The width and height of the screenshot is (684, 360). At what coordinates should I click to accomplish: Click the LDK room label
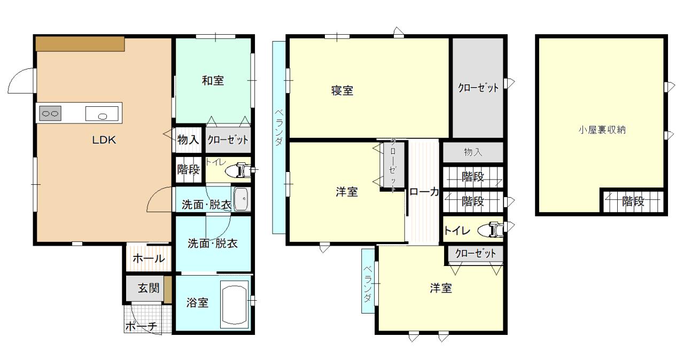point(104,140)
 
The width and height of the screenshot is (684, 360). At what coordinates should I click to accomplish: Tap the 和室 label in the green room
point(213,81)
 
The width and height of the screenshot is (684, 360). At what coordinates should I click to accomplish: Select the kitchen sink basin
point(102,113)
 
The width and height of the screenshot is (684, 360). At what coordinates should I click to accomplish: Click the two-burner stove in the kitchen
point(50,113)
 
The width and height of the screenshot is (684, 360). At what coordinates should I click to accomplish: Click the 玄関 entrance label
point(149,288)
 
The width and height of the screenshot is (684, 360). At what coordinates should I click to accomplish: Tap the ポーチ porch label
point(141,326)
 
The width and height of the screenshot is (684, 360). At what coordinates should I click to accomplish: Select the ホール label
point(149,259)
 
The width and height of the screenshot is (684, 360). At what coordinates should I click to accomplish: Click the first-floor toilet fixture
point(239,170)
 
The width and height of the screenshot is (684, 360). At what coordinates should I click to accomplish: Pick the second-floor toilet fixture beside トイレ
point(491,230)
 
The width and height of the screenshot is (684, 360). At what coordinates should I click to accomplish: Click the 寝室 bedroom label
point(343,91)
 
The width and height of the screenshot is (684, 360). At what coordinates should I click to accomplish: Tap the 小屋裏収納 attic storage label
point(602,130)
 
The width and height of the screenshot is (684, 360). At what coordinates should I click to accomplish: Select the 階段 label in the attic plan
point(633,201)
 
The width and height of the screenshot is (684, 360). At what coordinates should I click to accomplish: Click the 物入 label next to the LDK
point(188,140)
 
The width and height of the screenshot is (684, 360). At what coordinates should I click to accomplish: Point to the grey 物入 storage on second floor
point(473,152)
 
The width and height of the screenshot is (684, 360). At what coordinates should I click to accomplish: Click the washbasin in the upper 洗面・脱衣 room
point(242,199)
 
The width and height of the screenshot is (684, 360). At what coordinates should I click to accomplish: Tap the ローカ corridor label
point(424,192)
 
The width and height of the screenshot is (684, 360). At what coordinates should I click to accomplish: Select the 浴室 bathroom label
point(197,303)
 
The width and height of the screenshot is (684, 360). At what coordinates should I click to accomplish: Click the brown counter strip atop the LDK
point(80,44)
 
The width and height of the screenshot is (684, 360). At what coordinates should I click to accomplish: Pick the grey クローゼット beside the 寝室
point(478,88)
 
